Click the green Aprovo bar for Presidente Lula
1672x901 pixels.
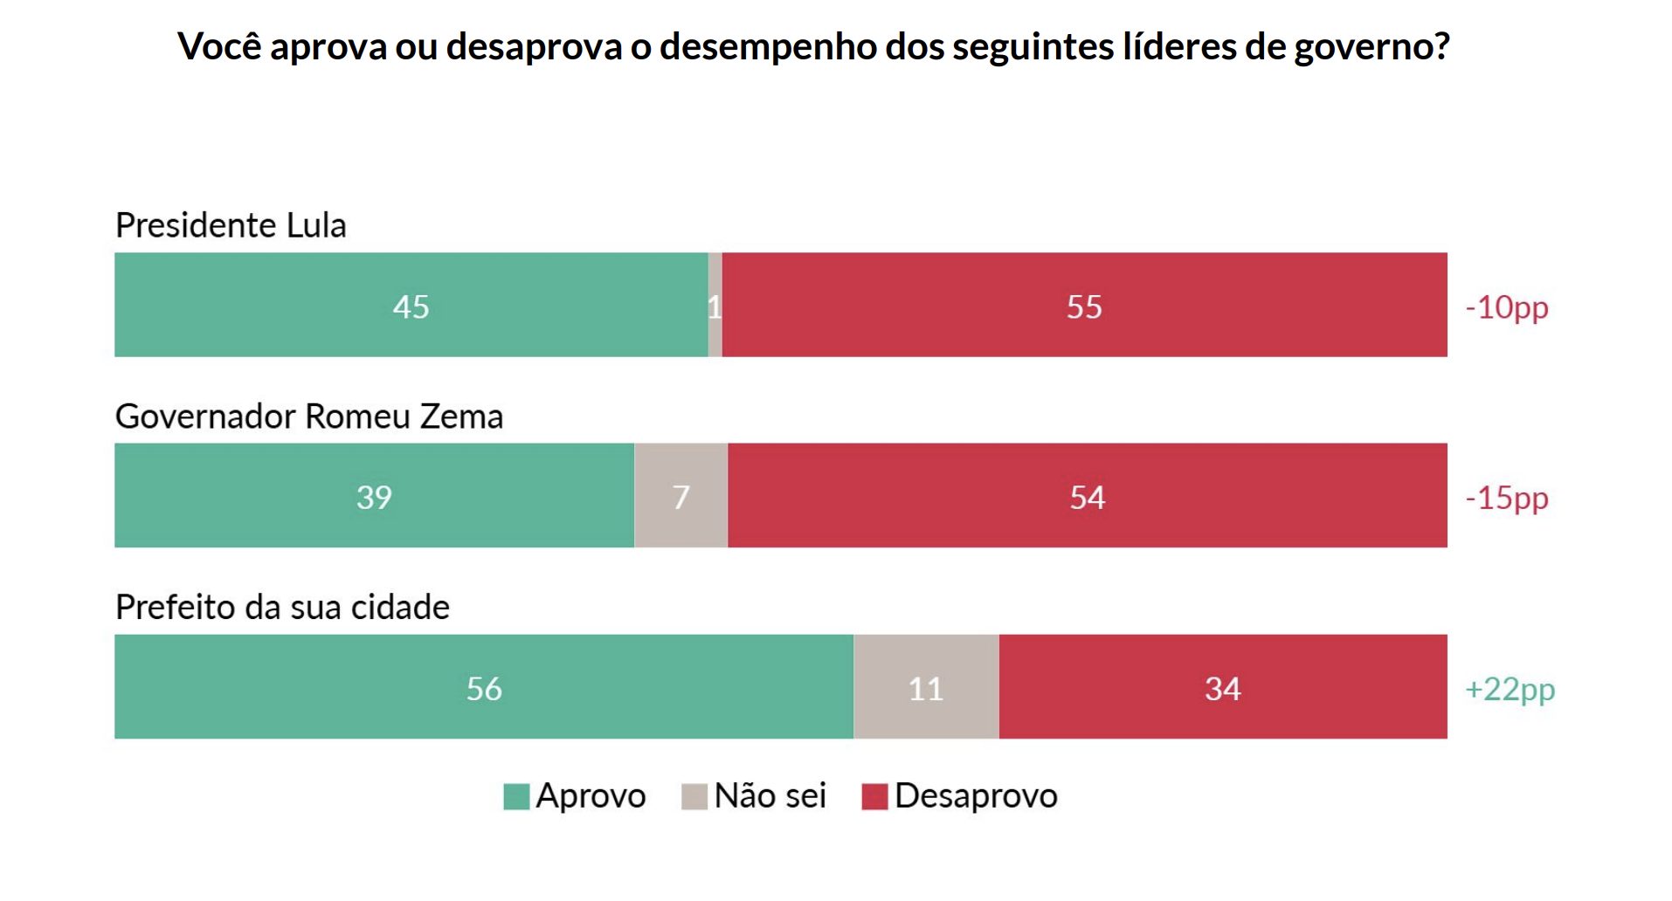pos(411,305)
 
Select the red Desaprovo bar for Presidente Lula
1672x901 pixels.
pos(1084,305)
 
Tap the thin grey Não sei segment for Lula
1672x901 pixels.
pos(715,305)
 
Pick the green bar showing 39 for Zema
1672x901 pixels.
pos(374,495)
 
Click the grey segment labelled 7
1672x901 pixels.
pos(681,495)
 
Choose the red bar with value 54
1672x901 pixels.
pos(1088,495)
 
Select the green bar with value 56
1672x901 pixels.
pos(484,686)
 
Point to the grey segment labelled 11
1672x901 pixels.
pos(926,686)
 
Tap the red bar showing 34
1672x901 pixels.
pos(1223,686)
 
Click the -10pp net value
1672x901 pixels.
pos(1507,307)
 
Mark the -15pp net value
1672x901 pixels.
pos(1507,498)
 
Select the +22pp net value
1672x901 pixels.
pos(1510,689)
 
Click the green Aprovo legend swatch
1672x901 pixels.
pos(517,796)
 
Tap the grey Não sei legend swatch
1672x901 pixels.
pos(694,796)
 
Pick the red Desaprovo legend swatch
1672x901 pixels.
pos(874,796)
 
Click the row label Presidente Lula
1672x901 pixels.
pos(231,225)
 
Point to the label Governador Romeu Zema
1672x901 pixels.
pos(309,416)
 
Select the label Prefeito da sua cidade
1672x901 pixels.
pos(282,607)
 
